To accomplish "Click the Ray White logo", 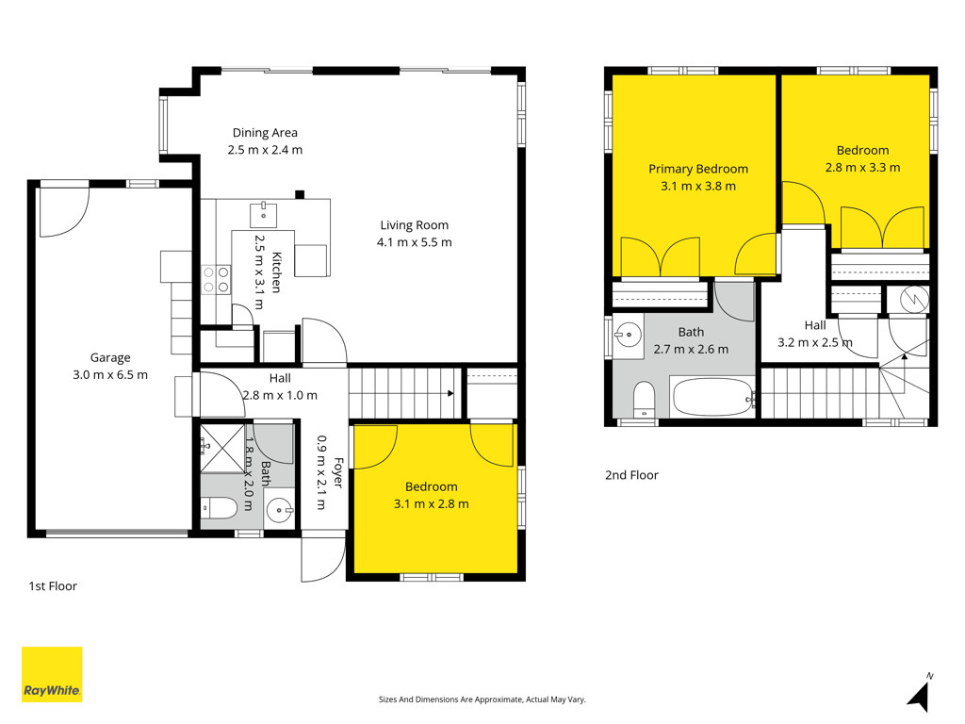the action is pos(52,674).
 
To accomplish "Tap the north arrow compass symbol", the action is pos(920,693).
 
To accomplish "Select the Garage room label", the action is pos(110,357).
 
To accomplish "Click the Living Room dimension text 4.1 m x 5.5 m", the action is pos(415,242).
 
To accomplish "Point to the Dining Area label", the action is pos(265,132).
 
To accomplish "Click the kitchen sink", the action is pos(264,214).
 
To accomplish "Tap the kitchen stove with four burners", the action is pos(216,279).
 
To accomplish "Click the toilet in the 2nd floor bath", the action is pos(645,400).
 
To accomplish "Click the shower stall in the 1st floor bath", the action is pos(222,448).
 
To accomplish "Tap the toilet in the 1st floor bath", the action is pos(220,508).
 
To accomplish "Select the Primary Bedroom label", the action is pos(698,169).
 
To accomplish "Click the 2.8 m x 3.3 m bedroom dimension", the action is pos(863,168).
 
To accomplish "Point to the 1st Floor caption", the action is pos(53,586).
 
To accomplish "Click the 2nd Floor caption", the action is pos(631,475).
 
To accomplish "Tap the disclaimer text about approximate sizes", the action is pos(482,699).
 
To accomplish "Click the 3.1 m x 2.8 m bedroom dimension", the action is pos(432,504).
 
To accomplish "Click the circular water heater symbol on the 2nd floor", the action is pos(913,300).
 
